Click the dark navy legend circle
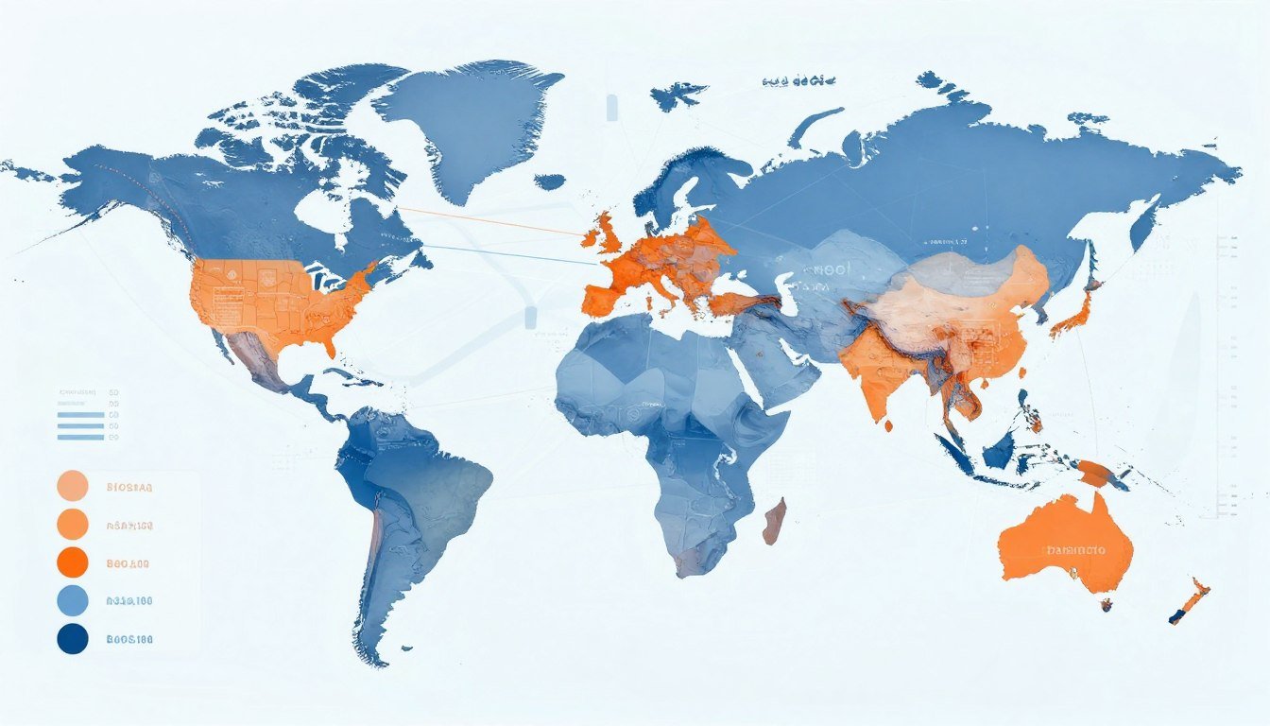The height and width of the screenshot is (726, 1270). coord(73,639)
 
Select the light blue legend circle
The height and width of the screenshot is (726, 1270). coord(73,600)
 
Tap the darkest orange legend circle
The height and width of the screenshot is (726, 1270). coord(73,562)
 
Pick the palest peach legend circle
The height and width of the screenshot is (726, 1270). coord(73,486)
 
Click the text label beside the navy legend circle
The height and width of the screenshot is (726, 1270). coord(129,639)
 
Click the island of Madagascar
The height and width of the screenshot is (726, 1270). coord(774,521)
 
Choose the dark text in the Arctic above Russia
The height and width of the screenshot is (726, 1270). coord(798,81)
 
